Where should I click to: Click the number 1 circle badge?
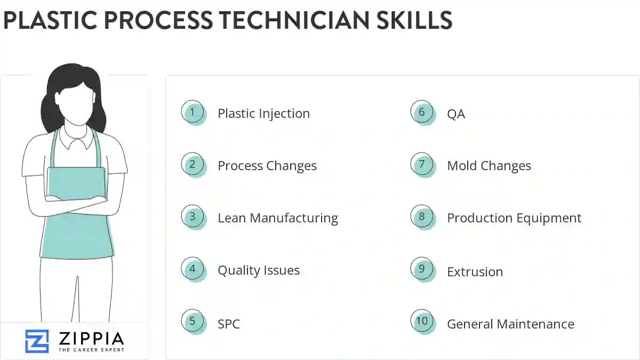point(193,113)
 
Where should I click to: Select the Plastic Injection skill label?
point(263,114)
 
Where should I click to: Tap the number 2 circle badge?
point(193,165)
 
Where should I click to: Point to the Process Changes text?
point(267,166)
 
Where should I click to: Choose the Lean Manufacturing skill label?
point(277,218)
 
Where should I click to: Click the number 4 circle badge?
point(193,269)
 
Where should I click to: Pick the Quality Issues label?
point(258,270)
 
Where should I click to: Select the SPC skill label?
point(228,324)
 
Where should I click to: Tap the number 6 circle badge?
point(422,113)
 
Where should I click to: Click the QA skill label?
point(455,114)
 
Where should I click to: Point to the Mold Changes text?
point(489,166)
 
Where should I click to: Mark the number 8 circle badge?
point(422,217)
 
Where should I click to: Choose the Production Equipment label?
point(514,218)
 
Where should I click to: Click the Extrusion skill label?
point(475,271)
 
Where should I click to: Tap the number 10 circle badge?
point(422,321)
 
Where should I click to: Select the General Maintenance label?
point(510,324)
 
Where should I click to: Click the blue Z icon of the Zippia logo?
point(37,341)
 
